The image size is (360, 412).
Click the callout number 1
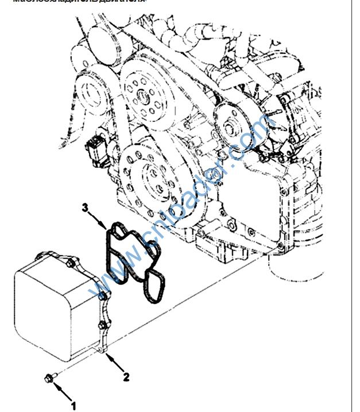73,406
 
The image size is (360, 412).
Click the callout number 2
126,377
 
